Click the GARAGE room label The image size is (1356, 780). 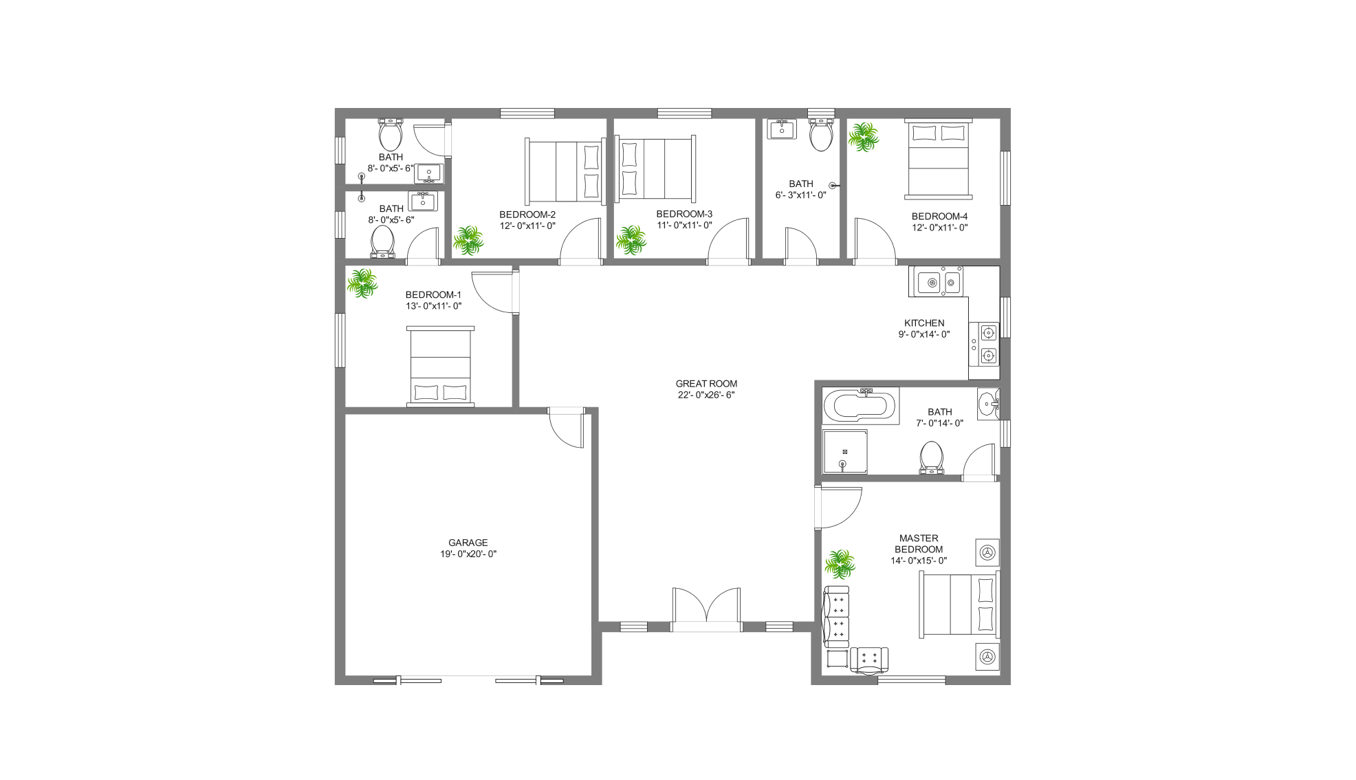468,543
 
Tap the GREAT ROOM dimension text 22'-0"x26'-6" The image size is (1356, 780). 706,395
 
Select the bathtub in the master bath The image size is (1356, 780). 860,405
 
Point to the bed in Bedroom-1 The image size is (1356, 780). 440,367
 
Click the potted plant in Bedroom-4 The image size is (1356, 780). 863,137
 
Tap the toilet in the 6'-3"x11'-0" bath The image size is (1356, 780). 821,134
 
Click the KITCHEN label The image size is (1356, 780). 923,323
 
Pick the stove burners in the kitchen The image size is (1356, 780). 987,345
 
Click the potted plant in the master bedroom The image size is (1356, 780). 839,564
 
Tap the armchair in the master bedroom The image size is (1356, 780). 869,660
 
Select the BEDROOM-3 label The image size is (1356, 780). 684,214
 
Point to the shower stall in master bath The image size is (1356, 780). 844,452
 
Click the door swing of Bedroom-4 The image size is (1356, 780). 873,241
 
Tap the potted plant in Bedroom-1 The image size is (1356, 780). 362,283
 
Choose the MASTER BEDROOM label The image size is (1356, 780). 919,543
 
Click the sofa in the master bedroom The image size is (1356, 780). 837,616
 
